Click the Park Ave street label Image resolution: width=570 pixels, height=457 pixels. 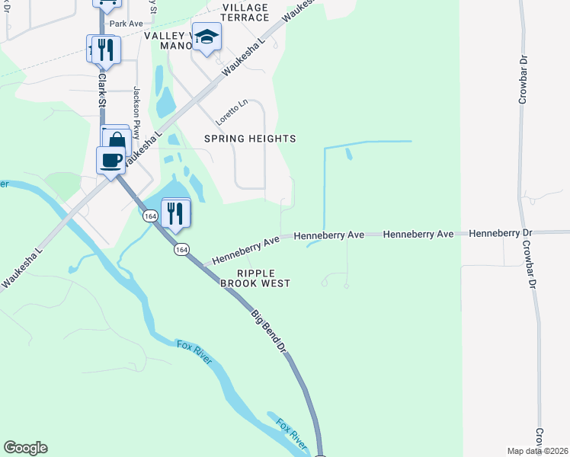point(126,24)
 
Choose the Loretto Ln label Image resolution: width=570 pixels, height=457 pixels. point(232,112)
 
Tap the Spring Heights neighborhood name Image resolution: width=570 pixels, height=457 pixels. point(250,139)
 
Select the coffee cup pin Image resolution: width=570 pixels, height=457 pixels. point(111,160)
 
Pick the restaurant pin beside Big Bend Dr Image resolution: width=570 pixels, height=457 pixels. point(176,213)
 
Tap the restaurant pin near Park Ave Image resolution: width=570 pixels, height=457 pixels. point(104,50)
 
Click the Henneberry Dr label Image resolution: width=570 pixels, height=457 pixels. point(500,232)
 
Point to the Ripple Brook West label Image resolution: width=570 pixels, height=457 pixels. point(255,278)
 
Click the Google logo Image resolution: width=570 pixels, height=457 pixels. point(25,448)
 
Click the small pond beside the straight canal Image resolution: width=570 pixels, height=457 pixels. point(349,154)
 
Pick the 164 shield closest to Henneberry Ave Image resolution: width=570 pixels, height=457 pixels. point(181,250)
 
